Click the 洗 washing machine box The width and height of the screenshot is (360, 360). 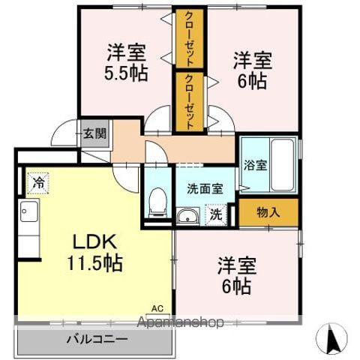[x=215, y=213]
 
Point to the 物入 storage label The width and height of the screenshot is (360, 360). [x=268, y=213]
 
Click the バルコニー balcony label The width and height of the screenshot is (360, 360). [x=96, y=339]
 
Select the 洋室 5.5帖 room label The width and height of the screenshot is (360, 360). [x=126, y=64]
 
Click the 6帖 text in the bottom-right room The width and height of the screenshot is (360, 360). [x=236, y=286]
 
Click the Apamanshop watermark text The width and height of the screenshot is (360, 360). [x=181, y=324]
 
